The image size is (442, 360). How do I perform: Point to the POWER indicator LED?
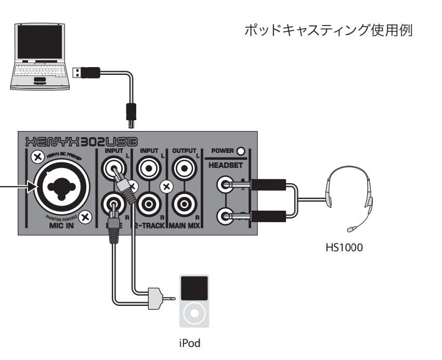(240, 152)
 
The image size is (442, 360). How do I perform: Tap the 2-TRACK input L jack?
(147, 168)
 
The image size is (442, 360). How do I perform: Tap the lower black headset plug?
(268, 216)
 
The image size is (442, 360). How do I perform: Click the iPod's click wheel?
(194, 313)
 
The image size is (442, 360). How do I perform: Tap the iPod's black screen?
(194, 288)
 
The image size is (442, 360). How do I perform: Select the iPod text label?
(190, 344)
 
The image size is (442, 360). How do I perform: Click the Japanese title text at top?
(328, 31)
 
